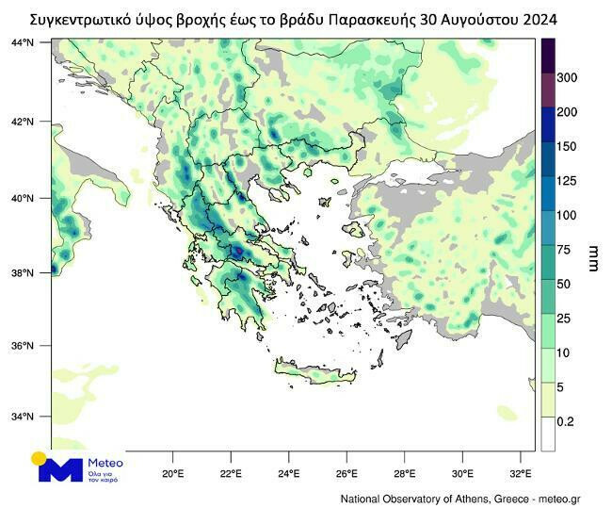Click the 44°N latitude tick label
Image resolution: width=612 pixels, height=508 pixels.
[22, 43]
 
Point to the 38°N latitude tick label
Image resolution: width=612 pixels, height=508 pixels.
[22, 273]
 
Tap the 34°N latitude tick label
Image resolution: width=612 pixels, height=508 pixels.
[22, 417]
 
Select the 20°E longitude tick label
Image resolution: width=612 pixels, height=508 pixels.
[172, 472]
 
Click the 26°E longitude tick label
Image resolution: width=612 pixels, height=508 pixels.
[346, 472]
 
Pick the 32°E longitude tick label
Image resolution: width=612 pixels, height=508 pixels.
[520, 472]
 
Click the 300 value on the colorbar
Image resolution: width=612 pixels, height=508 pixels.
[568, 77]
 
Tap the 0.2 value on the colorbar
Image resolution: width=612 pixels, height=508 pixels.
[565, 421]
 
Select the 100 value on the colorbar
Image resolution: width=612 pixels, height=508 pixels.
[568, 215]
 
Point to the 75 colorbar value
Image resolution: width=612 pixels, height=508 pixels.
[565, 250]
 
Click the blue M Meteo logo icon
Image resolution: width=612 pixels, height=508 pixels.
[59, 468]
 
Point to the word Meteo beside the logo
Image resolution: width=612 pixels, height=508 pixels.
[105, 463]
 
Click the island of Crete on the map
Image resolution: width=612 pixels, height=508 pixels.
[316, 377]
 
